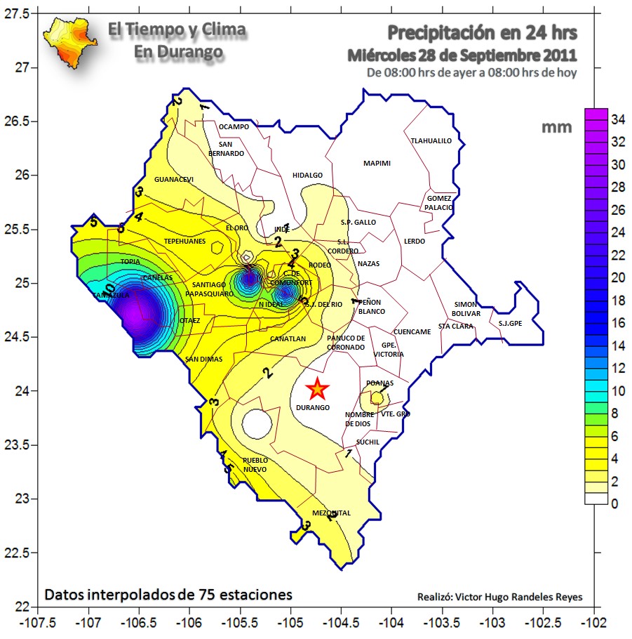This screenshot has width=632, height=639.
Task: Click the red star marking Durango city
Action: pos(318,388)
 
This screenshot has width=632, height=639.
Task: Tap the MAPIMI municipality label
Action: pos(377,164)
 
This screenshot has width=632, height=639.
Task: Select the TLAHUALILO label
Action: pos(431,140)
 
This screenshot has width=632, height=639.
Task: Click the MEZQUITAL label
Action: pos(331,513)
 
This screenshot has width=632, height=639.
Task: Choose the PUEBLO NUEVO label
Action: pos(255,465)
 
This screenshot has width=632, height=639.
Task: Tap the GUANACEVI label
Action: pos(173,180)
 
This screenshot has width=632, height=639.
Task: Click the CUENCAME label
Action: pos(412,331)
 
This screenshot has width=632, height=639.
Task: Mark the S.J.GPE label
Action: pos(510,324)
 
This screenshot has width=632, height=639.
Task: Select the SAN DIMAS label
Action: pos(203,360)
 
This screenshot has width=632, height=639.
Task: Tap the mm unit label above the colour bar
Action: pos(556,127)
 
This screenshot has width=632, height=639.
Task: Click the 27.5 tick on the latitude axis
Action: pos(22,14)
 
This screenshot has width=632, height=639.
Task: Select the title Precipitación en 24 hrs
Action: pos(483,32)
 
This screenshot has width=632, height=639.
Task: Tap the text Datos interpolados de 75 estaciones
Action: pos(168,595)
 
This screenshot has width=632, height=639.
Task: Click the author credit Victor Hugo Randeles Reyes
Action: pos(499,598)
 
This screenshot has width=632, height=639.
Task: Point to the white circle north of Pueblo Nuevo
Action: pos(256,423)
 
